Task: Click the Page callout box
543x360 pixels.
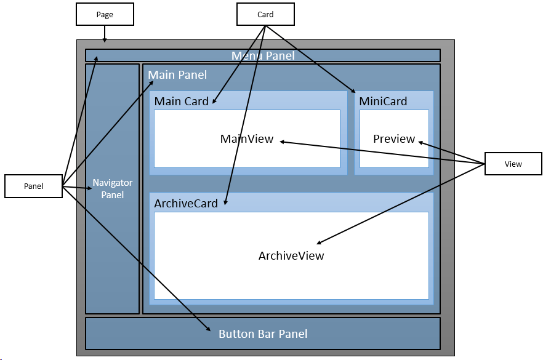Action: click(x=105, y=14)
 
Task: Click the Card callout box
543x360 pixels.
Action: click(x=265, y=14)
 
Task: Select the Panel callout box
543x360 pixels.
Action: click(x=33, y=186)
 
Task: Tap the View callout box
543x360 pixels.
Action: click(x=513, y=164)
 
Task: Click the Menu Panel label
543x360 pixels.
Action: click(x=263, y=56)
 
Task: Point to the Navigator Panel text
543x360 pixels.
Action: click(x=112, y=189)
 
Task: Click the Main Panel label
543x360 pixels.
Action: click(x=177, y=75)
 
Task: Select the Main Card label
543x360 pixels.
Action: click(x=181, y=101)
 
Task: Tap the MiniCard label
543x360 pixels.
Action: click(x=383, y=101)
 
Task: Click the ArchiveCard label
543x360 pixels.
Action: click(x=186, y=203)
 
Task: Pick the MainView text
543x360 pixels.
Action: click(x=246, y=139)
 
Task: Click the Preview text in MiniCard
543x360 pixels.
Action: click(x=394, y=139)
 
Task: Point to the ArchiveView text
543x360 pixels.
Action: click(x=291, y=255)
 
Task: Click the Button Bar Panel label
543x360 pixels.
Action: click(x=263, y=334)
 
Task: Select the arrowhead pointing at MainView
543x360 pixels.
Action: click(x=283, y=142)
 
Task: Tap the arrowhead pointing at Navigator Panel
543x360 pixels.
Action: click(x=89, y=188)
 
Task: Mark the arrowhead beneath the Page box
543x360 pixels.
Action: click(x=105, y=41)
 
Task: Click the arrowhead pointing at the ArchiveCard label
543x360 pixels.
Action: click(x=225, y=202)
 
